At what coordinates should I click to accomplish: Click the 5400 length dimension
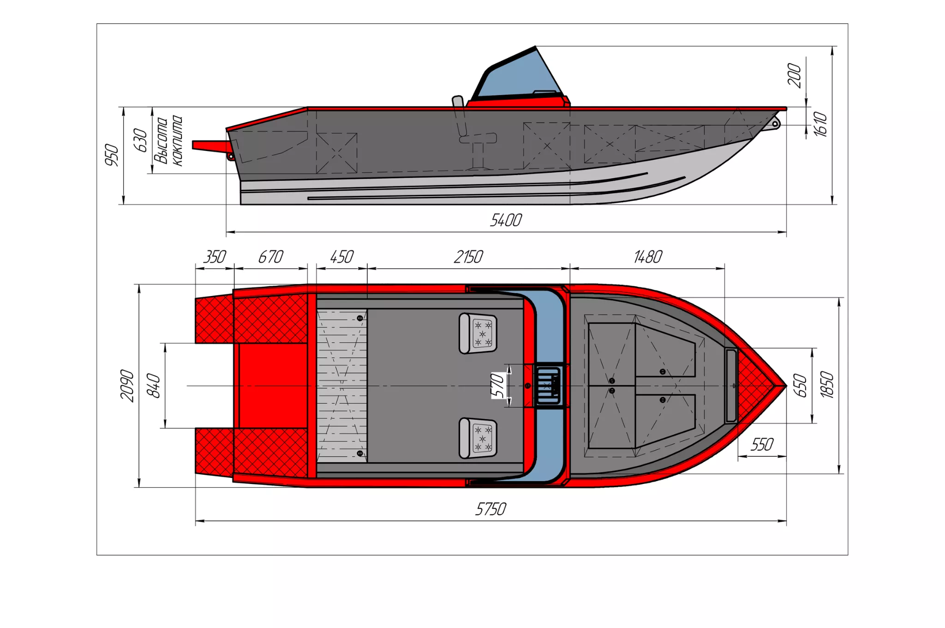pyautogui.click(x=506, y=220)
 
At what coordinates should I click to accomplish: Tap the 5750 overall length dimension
pyautogui.click(x=490, y=509)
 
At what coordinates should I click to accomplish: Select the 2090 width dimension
pyautogui.click(x=127, y=386)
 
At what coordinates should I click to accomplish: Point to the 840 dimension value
pyautogui.click(x=153, y=386)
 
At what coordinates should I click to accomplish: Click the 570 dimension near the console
pyautogui.click(x=497, y=386)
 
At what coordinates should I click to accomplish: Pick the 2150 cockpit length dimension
pyautogui.click(x=468, y=257)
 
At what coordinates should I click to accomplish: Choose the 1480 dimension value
pyautogui.click(x=648, y=257)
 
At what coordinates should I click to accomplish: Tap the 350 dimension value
pyautogui.click(x=215, y=257)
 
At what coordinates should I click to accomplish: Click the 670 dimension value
pyautogui.click(x=270, y=257)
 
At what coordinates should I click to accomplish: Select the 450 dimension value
pyautogui.click(x=342, y=257)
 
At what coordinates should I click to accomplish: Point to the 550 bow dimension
pyautogui.click(x=762, y=445)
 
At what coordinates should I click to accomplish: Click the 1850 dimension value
pyautogui.click(x=827, y=385)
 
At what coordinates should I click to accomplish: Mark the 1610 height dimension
pyautogui.click(x=820, y=124)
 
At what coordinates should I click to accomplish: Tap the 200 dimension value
pyautogui.click(x=794, y=75)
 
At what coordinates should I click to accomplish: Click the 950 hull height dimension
pyautogui.click(x=112, y=155)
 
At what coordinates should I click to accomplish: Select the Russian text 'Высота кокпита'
pyautogui.click(x=168, y=141)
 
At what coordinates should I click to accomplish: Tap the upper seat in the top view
pyautogui.click(x=478, y=333)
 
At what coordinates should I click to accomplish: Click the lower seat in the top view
pyautogui.click(x=478, y=438)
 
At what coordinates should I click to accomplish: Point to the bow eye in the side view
pyautogui.click(x=775, y=124)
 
